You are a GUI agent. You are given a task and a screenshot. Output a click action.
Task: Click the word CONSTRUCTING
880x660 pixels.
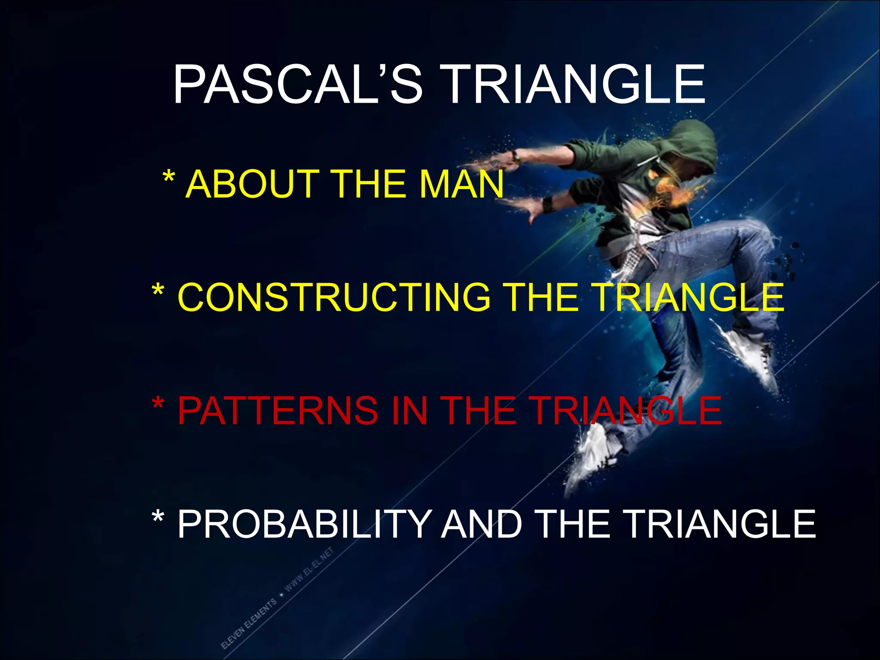[x=333, y=297]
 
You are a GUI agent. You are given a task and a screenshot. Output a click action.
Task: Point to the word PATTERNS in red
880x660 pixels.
[x=278, y=411]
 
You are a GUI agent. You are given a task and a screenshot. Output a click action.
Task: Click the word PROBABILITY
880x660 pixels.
[x=304, y=524]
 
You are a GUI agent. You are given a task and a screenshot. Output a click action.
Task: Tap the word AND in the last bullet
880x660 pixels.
[x=481, y=524]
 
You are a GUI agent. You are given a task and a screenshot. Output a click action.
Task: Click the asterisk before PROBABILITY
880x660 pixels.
[x=158, y=518]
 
